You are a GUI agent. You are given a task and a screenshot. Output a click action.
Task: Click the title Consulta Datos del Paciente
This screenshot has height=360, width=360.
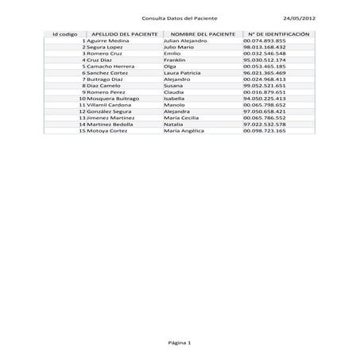click(179, 17)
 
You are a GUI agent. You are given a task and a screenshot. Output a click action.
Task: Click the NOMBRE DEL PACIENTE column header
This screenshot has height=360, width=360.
click(203, 35)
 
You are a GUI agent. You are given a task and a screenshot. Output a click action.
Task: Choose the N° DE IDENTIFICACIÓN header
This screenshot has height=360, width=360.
click(278, 35)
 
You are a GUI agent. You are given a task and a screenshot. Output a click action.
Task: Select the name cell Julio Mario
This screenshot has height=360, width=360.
click(178, 47)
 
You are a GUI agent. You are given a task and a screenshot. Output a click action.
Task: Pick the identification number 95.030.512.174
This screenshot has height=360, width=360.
click(265, 60)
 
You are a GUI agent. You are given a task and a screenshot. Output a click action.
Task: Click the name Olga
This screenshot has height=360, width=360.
click(169, 66)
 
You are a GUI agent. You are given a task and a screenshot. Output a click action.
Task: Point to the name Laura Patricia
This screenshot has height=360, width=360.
click(182, 72)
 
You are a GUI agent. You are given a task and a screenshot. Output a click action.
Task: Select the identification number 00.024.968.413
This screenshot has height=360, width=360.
click(265, 79)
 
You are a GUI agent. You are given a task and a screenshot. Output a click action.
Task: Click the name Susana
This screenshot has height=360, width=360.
click(173, 85)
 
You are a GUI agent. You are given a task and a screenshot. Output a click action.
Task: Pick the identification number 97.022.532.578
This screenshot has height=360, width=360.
click(265, 124)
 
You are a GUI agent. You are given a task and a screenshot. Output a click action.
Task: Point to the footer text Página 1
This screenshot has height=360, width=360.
click(180, 343)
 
